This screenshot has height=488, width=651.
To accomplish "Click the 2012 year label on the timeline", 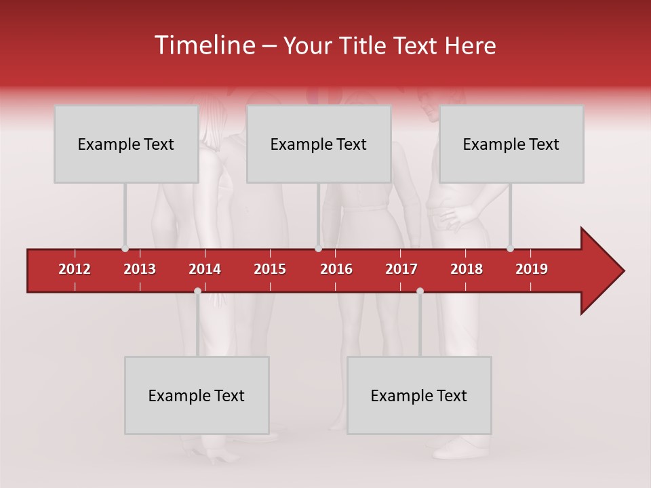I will coord(75,269).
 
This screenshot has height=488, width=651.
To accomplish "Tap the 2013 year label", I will coord(140,269).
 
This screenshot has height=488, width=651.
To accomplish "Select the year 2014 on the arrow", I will coord(205,269).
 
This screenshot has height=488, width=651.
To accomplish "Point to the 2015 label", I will coord(270,269).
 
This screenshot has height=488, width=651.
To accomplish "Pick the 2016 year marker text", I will coord(336,269).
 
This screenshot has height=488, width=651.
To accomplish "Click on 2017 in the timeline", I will coord(401,269).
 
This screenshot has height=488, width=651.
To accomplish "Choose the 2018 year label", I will coord(467,269).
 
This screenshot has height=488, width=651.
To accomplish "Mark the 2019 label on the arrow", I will coord(532,269).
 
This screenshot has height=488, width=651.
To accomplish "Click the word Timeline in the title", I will coord(203,45).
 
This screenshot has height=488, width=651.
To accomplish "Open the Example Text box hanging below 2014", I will coord(197,395).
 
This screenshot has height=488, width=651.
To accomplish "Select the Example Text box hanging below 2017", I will coord(419,395).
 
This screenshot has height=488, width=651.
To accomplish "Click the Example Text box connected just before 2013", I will coord(126,144).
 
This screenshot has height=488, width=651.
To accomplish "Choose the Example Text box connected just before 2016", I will coord(319,144).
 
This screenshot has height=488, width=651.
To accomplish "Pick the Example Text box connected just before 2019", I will coord(511,144).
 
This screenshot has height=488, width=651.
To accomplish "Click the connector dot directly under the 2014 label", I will coord(197,291).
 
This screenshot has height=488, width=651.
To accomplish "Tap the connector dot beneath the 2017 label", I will coord(420,291).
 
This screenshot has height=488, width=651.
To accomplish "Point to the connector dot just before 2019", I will coord(510,248).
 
